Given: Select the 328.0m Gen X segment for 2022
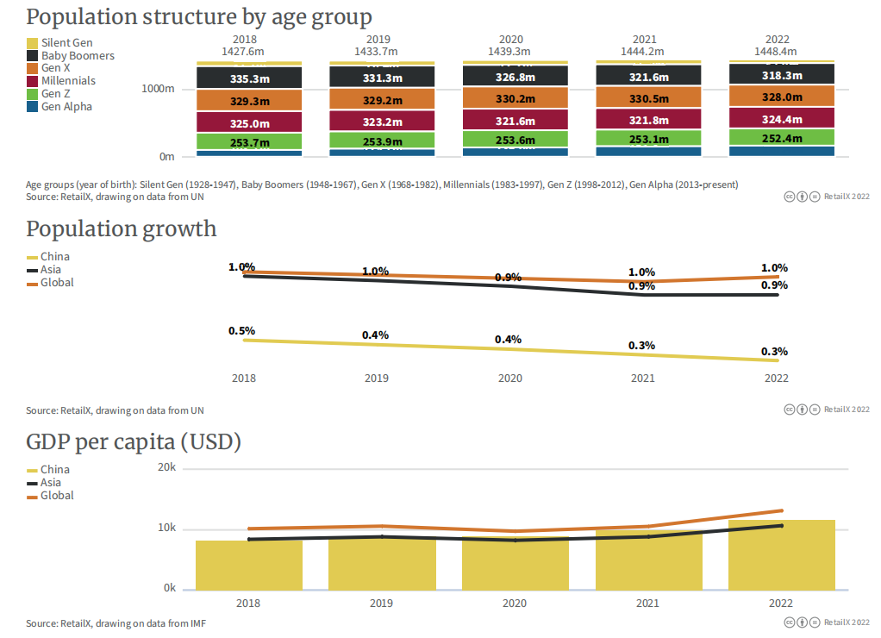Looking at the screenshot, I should click(x=782, y=97).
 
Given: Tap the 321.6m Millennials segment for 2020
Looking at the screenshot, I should click(x=515, y=122).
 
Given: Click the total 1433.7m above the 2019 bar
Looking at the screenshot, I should click(x=378, y=52).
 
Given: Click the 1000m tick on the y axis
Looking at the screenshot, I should click(x=159, y=89).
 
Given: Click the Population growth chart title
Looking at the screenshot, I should click(x=121, y=229).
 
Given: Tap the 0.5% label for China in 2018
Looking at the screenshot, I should click(x=241, y=331).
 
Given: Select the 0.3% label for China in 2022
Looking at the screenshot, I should click(x=774, y=352).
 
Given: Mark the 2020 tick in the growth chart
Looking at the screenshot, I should click(x=510, y=378).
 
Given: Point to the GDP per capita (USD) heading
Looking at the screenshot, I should click(x=133, y=443).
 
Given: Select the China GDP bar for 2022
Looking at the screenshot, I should click(x=782, y=555).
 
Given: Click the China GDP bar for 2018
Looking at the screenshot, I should click(x=249, y=565).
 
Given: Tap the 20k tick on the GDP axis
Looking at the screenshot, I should click(x=166, y=468).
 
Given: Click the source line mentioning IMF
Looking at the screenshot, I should click(x=116, y=623).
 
